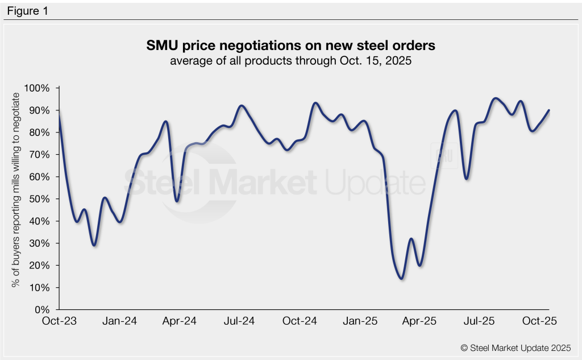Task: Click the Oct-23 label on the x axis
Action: [x=59, y=321]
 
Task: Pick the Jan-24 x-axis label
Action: [x=120, y=321]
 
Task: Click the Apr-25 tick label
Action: [x=420, y=321]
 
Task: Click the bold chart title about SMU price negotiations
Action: [x=290, y=45]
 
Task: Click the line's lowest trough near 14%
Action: [x=401, y=278]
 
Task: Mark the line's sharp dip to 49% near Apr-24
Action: [x=177, y=201]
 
